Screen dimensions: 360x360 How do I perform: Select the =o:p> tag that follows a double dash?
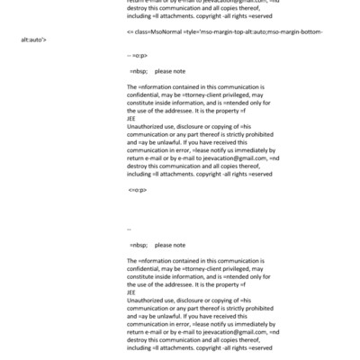pyautogui.click(x=140, y=55)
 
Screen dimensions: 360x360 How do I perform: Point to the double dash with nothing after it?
pyautogui.click(x=130, y=229)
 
